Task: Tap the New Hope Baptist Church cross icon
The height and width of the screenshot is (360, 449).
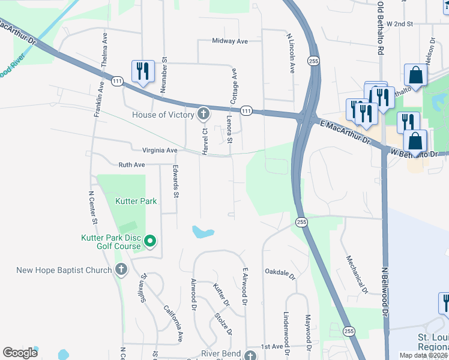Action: click(121, 269)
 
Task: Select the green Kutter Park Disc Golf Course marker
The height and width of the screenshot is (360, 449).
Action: click(150, 242)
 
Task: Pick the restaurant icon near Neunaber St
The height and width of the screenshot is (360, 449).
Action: click(143, 72)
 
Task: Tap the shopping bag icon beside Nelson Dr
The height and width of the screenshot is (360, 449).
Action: click(415, 76)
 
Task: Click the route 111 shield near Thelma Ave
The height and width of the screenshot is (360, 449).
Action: click(116, 81)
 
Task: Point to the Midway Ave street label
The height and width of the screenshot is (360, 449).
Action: click(230, 41)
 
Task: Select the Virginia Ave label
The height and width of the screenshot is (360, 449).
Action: click(160, 150)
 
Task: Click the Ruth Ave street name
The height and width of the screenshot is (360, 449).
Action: click(132, 164)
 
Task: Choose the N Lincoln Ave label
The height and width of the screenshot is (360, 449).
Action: click(291, 53)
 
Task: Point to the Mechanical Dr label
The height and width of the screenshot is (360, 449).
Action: click(356, 275)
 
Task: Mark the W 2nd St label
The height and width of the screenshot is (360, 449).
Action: click(400, 24)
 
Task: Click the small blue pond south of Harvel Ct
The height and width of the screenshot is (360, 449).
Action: click(203, 232)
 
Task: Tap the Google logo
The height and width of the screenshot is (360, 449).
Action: click(20, 353)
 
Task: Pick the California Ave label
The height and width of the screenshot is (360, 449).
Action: click(173, 324)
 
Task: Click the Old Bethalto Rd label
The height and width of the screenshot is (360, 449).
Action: click(380, 29)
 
